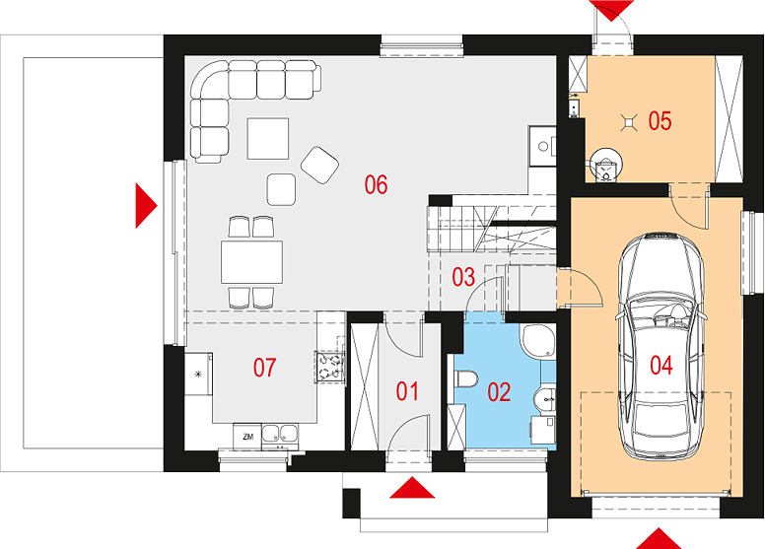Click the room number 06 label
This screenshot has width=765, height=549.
pos(376,185)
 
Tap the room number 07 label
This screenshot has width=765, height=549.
pos(264,368)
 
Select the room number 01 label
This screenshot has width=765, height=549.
pos(407,391)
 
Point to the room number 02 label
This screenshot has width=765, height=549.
pos(499,392)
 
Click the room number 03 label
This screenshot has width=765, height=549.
pos(463,277)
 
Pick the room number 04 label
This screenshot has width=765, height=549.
pos(661,365)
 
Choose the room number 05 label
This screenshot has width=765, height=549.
pos(660,120)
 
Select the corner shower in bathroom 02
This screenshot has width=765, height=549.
pos(538,342)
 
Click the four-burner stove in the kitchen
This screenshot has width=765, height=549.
pos(329,367)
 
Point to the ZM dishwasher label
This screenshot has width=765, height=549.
pos(247,437)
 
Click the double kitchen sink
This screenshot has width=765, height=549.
pos(280,434)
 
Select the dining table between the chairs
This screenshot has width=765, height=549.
pos(251,262)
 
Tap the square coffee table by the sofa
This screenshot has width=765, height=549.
pos(268,139)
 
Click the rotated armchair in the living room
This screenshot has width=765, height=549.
pos(320,165)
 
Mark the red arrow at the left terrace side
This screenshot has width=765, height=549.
pos(146,205)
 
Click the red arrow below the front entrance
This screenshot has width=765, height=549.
pos(412,488)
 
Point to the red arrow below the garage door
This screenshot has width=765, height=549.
pos(660,538)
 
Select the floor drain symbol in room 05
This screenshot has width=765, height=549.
pos(629,122)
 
